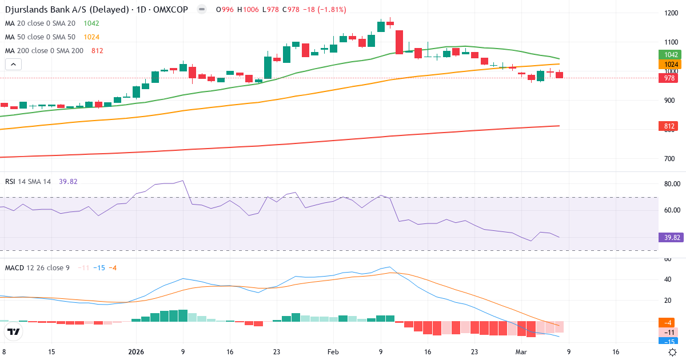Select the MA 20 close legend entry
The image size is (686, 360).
coord(40,23)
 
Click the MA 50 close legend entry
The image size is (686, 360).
coord(40,37)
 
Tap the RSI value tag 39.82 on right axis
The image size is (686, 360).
coord(669,237)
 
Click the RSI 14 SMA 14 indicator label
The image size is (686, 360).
coord(28,181)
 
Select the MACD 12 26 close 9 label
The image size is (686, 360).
coord(37,267)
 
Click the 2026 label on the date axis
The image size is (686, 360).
coord(137,352)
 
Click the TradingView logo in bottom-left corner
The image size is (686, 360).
coord(14,331)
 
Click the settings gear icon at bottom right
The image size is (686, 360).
coord(673,352)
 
